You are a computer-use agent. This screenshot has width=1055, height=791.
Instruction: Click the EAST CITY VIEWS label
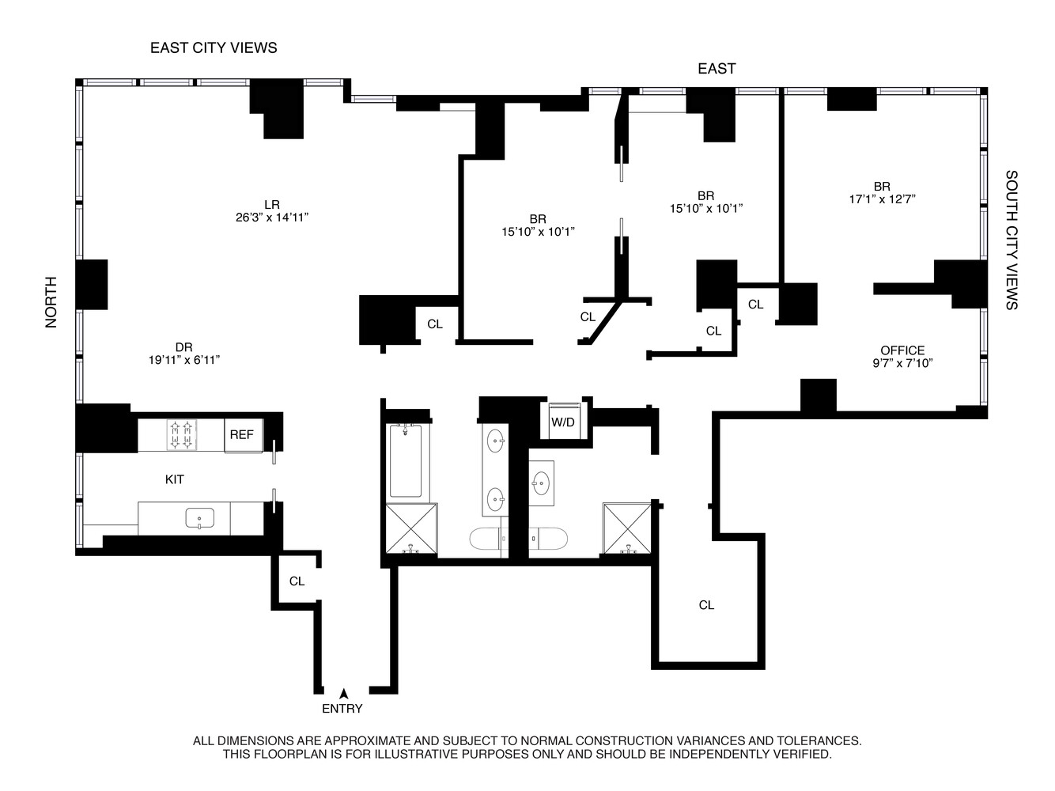point(214,47)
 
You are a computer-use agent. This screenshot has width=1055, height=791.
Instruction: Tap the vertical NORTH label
point(51,302)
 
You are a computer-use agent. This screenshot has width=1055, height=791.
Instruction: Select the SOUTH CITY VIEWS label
point(1012,240)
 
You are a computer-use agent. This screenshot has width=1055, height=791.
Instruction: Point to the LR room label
point(272,204)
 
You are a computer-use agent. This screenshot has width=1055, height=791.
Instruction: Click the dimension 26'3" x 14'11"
point(272,218)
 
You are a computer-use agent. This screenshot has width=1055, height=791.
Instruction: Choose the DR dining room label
point(184,346)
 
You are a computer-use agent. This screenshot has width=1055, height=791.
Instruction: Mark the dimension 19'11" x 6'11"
point(184,360)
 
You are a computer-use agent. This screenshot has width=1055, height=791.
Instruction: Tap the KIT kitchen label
point(175,479)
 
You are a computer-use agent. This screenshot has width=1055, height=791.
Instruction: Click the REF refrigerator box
point(242,435)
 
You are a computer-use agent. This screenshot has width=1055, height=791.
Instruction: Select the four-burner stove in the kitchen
point(181,435)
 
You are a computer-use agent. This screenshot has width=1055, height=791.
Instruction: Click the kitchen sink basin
point(199,519)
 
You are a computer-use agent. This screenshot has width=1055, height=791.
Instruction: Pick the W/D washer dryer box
point(563,422)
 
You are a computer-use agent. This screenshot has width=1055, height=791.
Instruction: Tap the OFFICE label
point(902,350)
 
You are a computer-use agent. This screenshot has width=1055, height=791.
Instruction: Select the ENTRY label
point(342,709)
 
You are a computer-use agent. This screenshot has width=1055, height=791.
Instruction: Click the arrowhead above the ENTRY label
point(343,693)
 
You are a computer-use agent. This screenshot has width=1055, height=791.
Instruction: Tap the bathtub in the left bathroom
point(406,461)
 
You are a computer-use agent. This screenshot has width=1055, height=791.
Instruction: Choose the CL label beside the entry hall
point(297,581)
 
